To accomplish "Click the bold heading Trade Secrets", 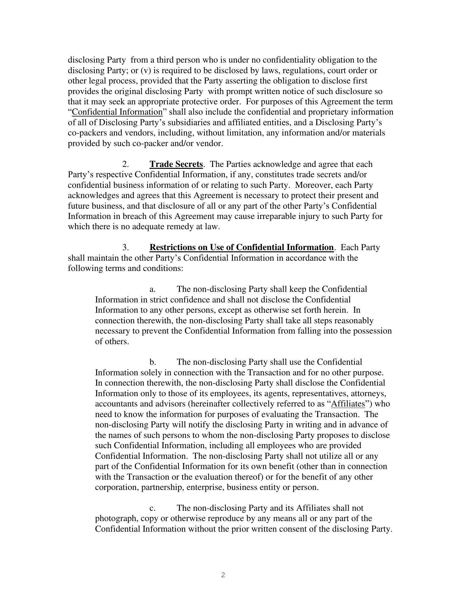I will coord(176,164).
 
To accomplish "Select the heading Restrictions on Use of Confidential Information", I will coord(242,247).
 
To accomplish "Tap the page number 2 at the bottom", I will coord(223,575).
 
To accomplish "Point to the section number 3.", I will coord(125,247).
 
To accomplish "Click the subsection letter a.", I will coord(153,289).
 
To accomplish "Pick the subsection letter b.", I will coord(153,362).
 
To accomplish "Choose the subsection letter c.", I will coord(153,508).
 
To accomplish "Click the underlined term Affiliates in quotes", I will coord(348,404).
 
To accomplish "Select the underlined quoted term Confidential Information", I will coord(117,112).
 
